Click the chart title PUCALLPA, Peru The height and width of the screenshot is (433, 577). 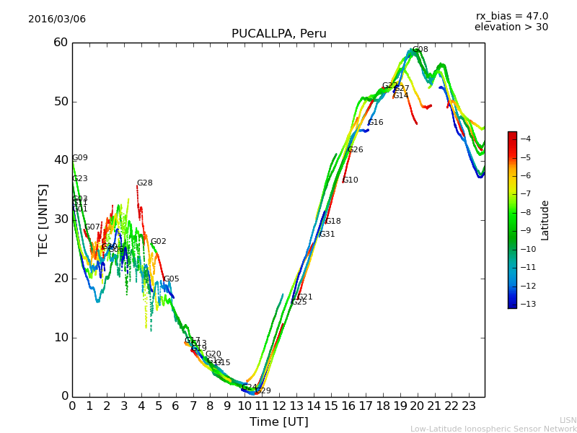278,34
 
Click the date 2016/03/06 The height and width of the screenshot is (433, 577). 57,19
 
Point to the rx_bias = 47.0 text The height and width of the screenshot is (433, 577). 511,17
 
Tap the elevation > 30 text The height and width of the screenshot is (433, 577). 511,27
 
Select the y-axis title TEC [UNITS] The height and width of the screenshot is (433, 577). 43,219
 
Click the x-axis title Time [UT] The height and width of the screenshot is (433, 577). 278,422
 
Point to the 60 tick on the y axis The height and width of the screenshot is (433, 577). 61,43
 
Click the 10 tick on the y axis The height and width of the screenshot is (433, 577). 61,338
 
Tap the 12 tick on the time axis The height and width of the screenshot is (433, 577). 279,406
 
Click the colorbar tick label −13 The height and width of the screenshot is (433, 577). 526,304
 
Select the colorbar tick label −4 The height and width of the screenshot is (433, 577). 526,139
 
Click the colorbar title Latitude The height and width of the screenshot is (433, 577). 545,220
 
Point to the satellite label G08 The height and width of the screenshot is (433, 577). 420,50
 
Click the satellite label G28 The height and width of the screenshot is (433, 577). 144,183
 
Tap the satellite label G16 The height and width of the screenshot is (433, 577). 375,123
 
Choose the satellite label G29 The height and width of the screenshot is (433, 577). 263,391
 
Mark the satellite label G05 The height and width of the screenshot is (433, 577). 171,279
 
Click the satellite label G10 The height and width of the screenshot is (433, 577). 350,180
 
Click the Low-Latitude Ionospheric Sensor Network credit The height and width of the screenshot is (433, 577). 493,429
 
